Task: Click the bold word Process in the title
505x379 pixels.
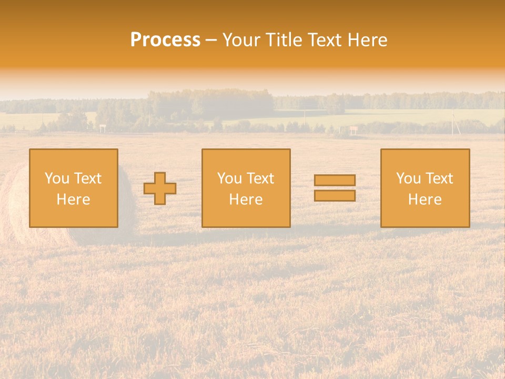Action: (x=165, y=40)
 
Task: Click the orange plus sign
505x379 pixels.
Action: (x=160, y=188)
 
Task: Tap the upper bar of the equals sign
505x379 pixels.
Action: (x=335, y=180)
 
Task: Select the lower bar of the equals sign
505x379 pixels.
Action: (x=335, y=195)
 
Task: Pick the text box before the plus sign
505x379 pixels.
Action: (x=74, y=188)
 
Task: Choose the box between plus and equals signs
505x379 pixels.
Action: (x=246, y=188)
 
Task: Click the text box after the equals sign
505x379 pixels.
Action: (x=425, y=188)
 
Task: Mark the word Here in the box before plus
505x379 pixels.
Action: (x=74, y=200)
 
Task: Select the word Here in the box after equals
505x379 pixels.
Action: (x=425, y=200)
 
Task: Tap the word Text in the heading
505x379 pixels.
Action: (x=324, y=40)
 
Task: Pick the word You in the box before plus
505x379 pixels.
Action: (x=57, y=178)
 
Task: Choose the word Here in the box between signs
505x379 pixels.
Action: (x=246, y=200)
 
